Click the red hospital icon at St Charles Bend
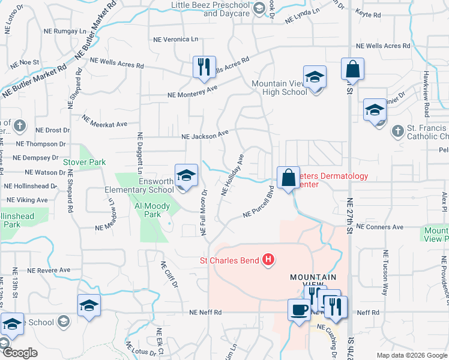pos(269,260)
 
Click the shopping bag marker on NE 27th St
pos(352,70)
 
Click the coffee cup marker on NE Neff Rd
pos(299,310)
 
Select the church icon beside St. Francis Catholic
pos(397,130)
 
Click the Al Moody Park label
pos(153,210)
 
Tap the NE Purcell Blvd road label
pos(259,204)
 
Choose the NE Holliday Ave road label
pos(232,175)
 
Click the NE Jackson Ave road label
pos(206,136)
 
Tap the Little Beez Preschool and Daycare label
pos(202,9)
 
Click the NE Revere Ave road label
pos(48,270)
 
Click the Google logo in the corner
pos(19,353)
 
